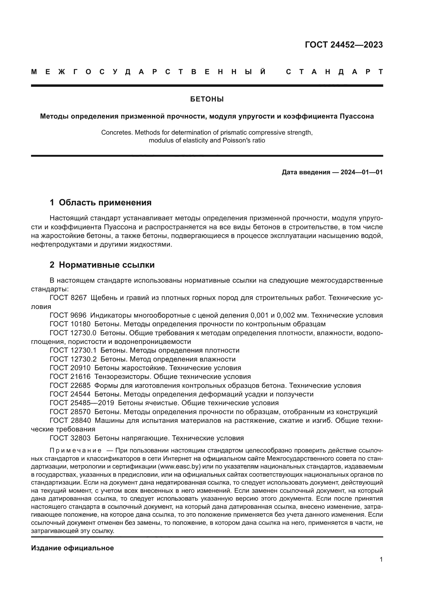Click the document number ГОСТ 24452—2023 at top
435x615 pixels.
tap(344, 45)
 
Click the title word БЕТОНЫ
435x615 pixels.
tap(207, 99)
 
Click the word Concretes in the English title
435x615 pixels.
tap(117, 133)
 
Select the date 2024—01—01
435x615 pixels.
tap(362, 172)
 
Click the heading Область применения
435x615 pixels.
tap(105, 202)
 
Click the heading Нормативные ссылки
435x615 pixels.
tap(107, 265)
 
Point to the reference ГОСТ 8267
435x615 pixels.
tap(68, 298)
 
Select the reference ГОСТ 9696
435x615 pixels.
tap(68, 316)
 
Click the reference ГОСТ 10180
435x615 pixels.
tap(70, 324)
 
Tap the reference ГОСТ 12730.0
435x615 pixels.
tap(73, 333)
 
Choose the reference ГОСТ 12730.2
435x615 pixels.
tap(73, 359)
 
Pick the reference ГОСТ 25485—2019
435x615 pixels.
tap(82, 403)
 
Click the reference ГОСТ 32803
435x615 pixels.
tap(70, 438)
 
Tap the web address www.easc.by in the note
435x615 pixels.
tap(179, 466)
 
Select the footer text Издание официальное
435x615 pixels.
tap(72, 548)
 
